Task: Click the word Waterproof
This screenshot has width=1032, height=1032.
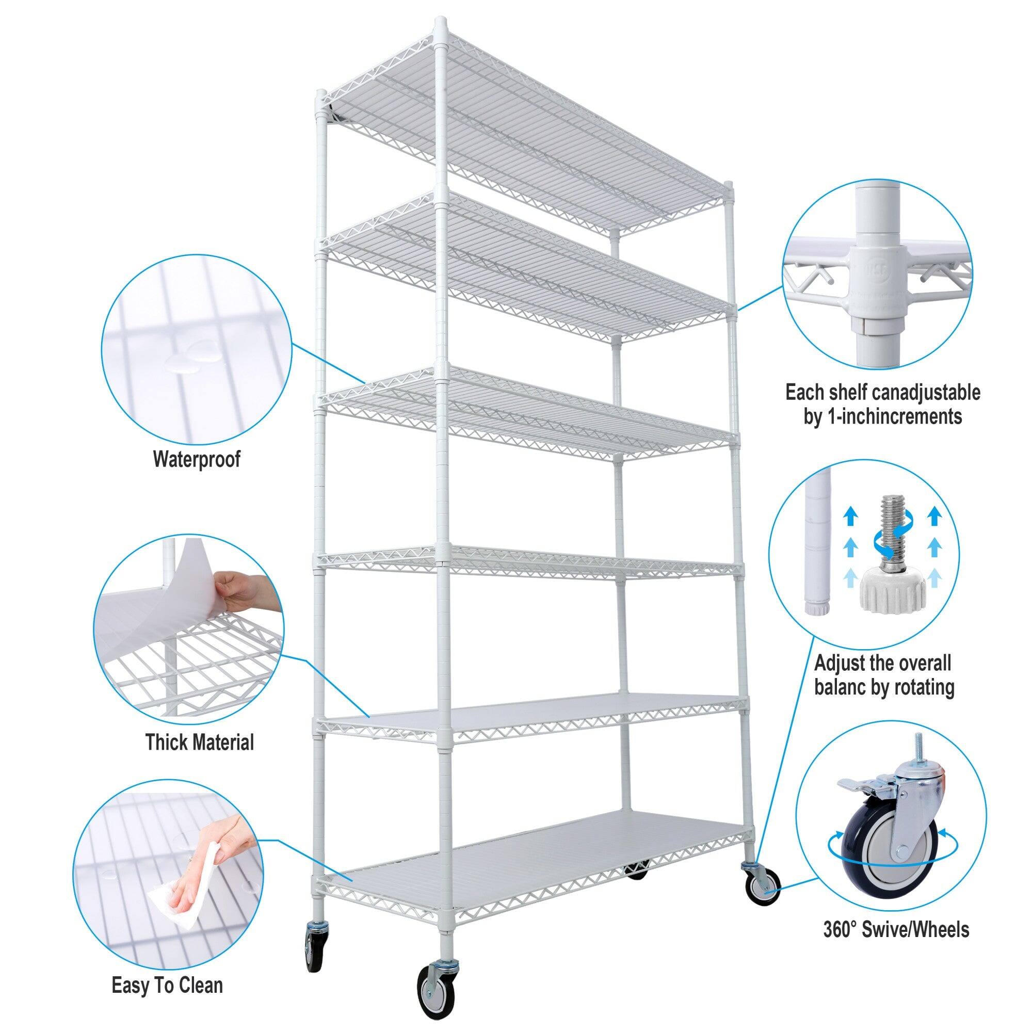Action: pos(197,459)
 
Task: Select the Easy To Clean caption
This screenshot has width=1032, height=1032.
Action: pos(167,986)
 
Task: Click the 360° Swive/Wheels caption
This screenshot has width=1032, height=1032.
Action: pos(896,945)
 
